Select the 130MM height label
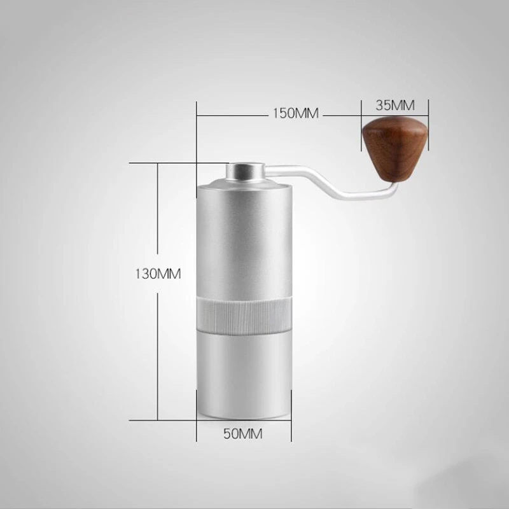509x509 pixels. (158, 275)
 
